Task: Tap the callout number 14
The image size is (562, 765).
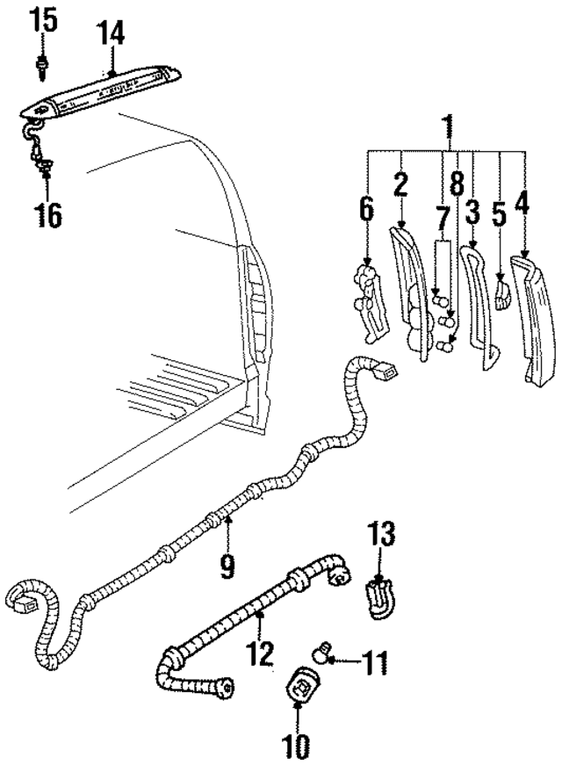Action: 111,34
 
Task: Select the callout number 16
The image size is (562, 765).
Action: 48,213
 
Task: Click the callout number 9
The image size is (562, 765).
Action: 227,564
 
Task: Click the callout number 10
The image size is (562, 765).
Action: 297,747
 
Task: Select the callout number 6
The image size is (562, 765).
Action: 366,211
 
